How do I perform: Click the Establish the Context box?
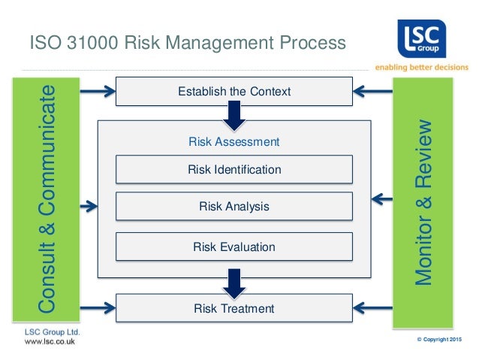[x=233, y=92]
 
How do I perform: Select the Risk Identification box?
[x=233, y=170]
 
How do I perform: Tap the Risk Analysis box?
[x=233, y=206]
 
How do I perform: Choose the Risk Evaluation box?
[x=233, y=247]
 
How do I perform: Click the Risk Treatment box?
[x=233, y=308]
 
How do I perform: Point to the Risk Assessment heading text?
[x=233, y=141]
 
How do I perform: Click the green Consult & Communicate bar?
[x=47, y=201]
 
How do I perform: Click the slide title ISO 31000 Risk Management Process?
[x=186, y=42]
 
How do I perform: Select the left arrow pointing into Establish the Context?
[x=97, y=92]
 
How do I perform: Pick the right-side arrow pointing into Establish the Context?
[x=373, y=92]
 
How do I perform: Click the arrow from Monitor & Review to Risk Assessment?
[x=382, y=200]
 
